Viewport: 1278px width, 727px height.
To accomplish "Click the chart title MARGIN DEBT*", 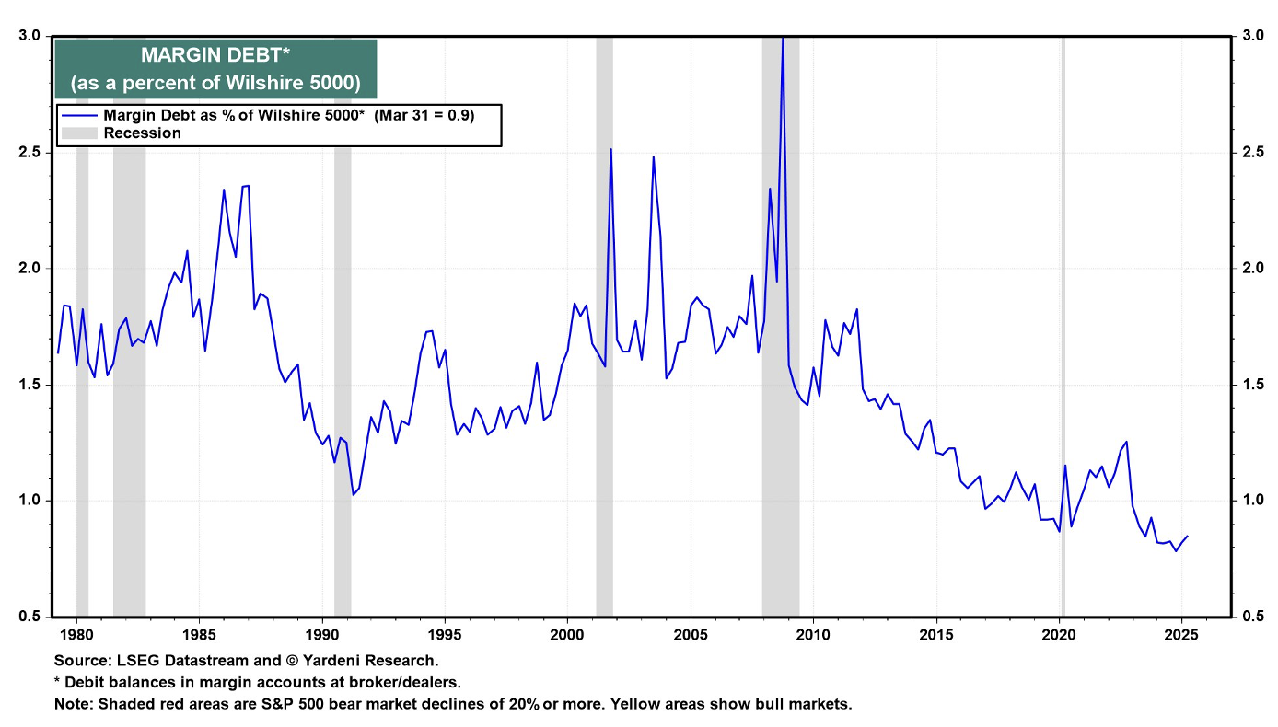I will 215,57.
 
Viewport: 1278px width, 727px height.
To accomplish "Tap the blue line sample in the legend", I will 79,115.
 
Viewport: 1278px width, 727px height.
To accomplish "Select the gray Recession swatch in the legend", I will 79,133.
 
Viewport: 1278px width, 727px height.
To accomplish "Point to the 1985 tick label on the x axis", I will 199,634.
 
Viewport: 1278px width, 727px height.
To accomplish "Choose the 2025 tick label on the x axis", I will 1181,634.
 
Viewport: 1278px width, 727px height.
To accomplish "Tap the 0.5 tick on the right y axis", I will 1252,617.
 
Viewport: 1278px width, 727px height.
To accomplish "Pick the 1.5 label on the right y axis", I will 1252,385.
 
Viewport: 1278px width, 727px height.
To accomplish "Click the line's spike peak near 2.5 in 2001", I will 610,149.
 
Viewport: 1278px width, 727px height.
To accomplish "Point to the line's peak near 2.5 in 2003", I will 653,157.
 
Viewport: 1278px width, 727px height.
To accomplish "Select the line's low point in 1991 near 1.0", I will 353,495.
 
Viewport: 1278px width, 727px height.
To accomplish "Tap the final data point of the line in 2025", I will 1188,536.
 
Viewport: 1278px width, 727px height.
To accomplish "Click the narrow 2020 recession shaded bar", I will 1063,322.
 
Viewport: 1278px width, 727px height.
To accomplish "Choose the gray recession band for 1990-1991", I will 343,322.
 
